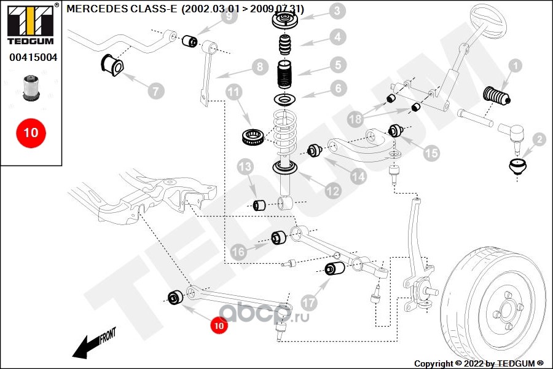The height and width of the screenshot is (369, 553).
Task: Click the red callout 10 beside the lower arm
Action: [219, 325]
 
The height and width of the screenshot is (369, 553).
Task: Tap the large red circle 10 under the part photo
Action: [31, 132]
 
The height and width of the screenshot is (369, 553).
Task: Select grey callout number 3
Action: [336, 10]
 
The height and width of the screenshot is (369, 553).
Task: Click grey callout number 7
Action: [155, 91]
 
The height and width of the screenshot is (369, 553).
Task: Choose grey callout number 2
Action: [539, 140]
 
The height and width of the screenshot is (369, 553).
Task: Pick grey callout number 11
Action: [233, 93]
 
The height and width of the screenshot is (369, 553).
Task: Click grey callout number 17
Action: [310, 302]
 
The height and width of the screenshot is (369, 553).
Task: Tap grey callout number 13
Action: [245, 167]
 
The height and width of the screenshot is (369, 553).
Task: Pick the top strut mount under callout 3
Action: [284, 23]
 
